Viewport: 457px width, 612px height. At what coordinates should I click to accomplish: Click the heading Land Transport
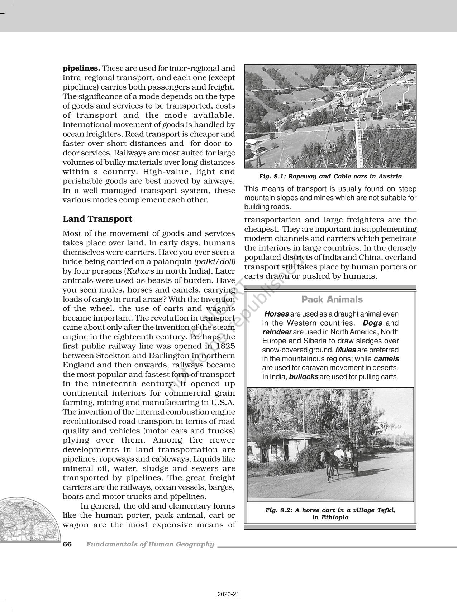point(97,219)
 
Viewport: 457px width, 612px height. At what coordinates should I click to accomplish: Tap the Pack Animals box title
point(332,299)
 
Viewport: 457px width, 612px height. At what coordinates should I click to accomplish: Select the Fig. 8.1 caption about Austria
point(330,176)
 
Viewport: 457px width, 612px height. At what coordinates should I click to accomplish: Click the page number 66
point(67,544)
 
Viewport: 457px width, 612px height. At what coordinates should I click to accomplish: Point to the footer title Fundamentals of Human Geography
point(150,544)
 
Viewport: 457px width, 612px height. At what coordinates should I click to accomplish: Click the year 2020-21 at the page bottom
point(228,594)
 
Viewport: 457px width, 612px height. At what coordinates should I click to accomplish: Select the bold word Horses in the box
point(276,314)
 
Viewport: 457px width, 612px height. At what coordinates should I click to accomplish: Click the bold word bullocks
point(304,377)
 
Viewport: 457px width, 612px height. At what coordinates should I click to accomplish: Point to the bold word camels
point(386,358)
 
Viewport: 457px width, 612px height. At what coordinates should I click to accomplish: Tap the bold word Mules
point(346,350)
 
